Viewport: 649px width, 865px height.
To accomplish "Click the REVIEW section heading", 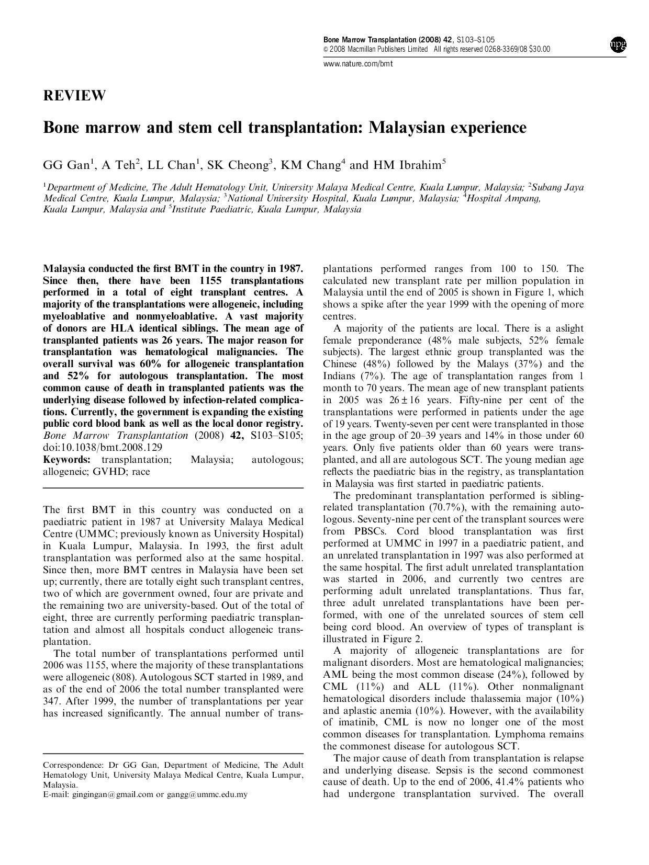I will coord(74,96).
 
